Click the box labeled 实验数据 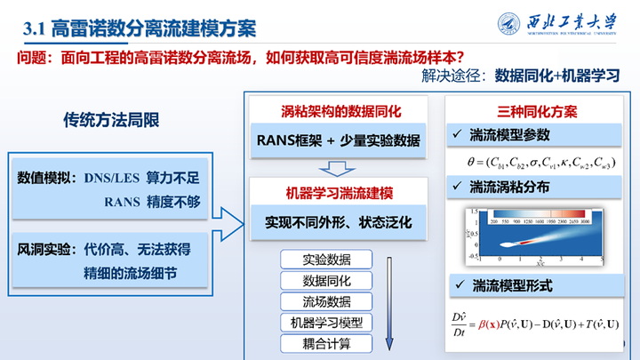point(326,260)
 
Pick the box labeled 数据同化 point(326,280)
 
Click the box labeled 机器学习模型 point(326,322)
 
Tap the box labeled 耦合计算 point(326,342)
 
